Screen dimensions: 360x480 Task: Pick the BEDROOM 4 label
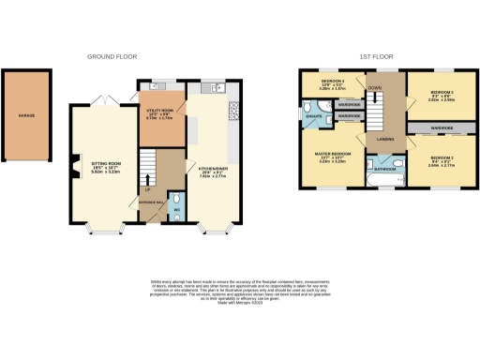click(332, 82)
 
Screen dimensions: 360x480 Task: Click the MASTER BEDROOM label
click(335, 157)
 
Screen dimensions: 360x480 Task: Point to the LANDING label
click(384, 139)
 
